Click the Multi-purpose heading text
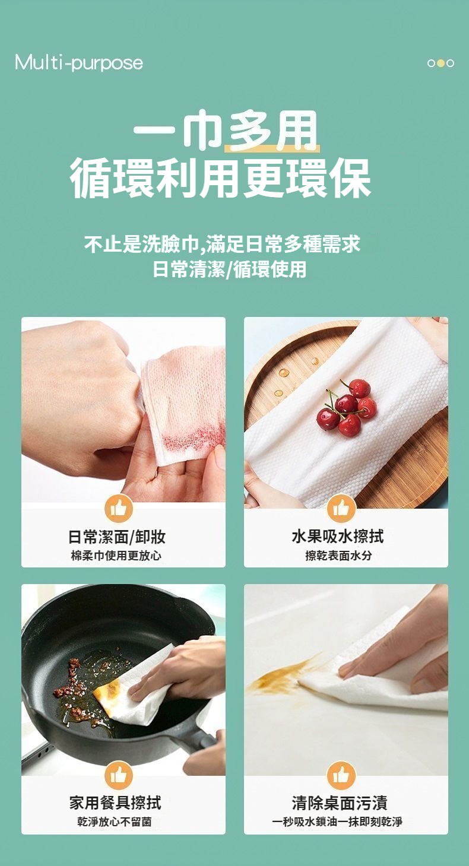coord(79,63)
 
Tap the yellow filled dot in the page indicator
coord(441,63)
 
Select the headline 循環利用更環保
coord(220,178)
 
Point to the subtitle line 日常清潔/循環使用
coord(230,269)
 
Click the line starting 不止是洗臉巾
coord(222,244)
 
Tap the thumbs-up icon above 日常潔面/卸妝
coord(119,509)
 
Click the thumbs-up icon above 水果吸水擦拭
coord(341,509)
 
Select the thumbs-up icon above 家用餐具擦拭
coord(119,775)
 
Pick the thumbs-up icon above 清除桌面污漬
coord(341,775)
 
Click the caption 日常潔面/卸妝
coord(117,537)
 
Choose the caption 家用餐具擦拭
coord(115,803)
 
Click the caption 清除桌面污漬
coord(340,803)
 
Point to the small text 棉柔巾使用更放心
coord(116,556)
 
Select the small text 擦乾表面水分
coord(338,556)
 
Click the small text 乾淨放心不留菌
coord(115,821)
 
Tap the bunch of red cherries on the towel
coord(347,406)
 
